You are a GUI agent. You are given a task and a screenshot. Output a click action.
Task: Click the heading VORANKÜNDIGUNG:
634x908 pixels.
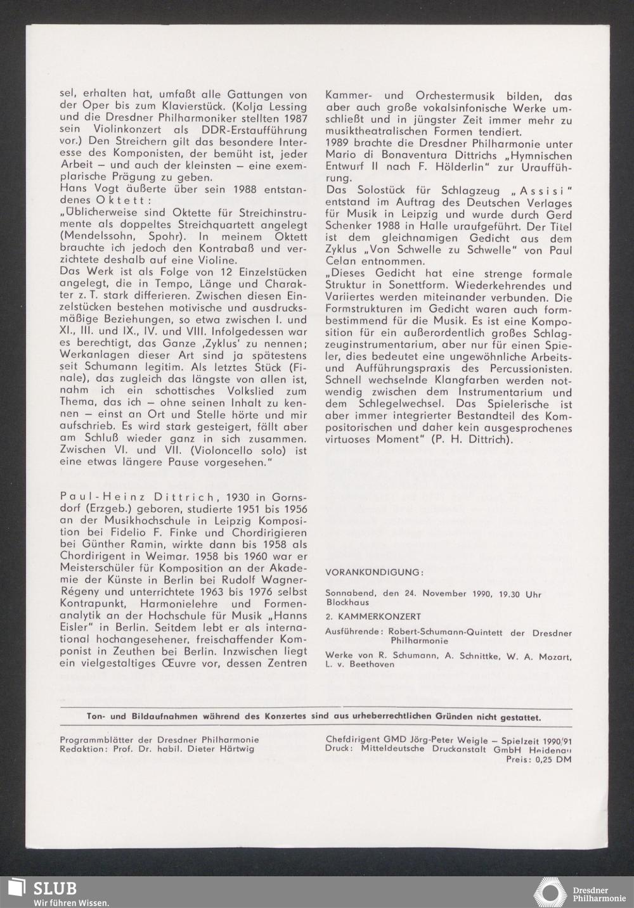373,572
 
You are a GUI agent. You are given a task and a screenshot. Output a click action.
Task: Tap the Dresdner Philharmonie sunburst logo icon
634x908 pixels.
550,892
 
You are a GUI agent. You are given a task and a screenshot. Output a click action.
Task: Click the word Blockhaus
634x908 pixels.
346,602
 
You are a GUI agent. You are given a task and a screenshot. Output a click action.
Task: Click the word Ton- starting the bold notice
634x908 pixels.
97,717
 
